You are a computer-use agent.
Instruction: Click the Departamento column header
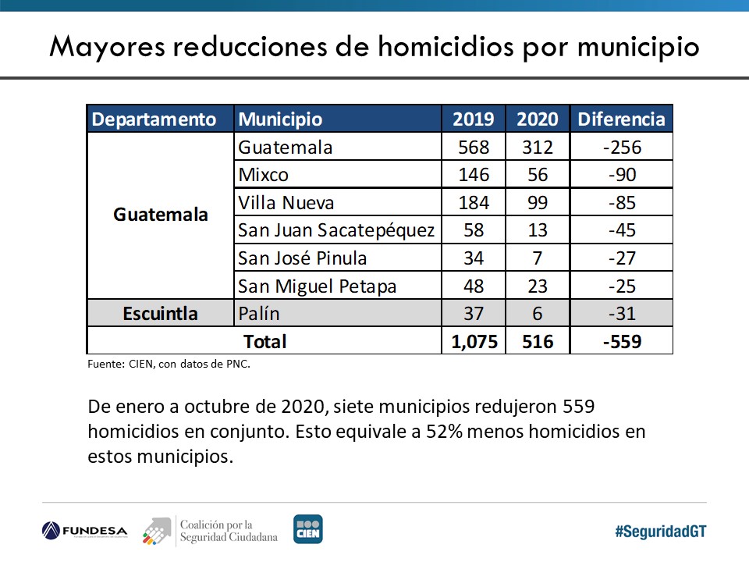[154, 119]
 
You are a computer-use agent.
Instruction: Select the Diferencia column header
[621, 119]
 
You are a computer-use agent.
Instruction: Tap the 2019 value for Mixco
[474, 175]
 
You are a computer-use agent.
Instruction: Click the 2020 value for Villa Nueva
[538, 203]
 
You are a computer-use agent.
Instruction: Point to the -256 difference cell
[621, 148]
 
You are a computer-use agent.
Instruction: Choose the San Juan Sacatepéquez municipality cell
[336, 230]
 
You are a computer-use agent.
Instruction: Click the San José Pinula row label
[303, 258]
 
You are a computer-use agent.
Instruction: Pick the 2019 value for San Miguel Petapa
[474, 286]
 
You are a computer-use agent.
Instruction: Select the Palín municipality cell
[259, 314]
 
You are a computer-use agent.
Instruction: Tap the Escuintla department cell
[160, 314]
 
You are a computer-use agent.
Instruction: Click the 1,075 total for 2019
[474, 342]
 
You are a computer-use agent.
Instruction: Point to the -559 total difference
[621, 342]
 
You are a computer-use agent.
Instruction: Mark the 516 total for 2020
[538, 342]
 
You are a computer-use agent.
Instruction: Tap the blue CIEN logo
[307, 529]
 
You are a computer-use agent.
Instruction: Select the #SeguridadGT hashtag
[660, 531]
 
